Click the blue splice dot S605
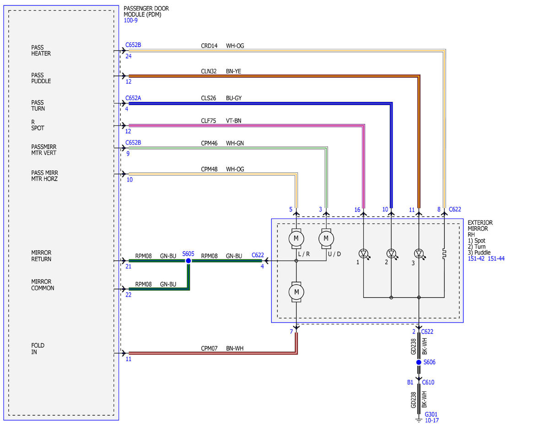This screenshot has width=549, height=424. [188, 261]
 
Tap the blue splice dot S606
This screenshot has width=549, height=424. [419, 362]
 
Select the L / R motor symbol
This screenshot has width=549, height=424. [296, 238]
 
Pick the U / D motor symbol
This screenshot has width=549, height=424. [326, 238]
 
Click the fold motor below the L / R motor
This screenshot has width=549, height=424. [296, 292]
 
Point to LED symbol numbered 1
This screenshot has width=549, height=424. [364, 253]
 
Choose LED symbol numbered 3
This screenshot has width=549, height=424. [420, 253]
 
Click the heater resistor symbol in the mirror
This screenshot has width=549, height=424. [444, 253]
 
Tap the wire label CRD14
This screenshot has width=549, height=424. [209, 46]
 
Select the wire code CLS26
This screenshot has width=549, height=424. [209, 98]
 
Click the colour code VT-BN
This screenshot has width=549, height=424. [233, 121]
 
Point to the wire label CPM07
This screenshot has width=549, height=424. [209, 348]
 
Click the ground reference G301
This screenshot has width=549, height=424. [431, 414]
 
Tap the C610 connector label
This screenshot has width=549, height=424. [428, 382]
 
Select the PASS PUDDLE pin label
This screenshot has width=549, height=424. [41, 78]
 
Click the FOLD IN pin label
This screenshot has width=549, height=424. [38, 349]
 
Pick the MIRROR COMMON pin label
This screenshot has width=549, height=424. [43, 284]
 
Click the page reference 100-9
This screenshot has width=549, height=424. [130, 20]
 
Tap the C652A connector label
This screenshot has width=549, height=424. [133, 98]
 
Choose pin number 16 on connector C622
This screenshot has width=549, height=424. [357, 209]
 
